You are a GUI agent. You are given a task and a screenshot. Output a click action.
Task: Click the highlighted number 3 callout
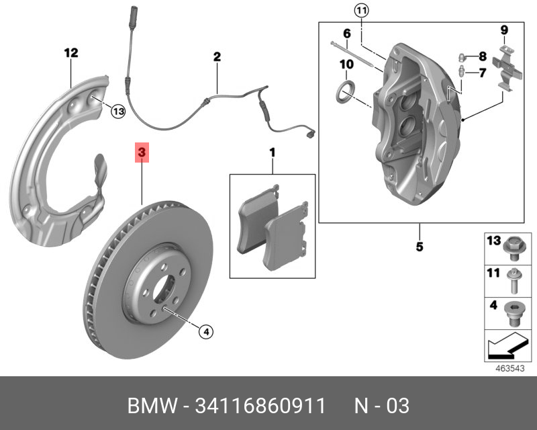(x=142, y=153)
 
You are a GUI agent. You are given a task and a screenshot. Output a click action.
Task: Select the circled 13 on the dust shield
(x=117, y=111)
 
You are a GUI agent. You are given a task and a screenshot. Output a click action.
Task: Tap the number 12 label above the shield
(x=71, y=52)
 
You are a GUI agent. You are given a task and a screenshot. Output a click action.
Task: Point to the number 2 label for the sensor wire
(x=217, y=57)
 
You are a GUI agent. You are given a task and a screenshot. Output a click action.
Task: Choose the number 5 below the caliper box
(x=419, y=247)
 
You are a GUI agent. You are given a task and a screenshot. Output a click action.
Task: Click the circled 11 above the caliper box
(x=361, y=10)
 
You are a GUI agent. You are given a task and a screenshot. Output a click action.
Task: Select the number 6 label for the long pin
(x=347, y=34)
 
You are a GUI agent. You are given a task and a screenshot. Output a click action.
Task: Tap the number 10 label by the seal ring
(x=346, y=64)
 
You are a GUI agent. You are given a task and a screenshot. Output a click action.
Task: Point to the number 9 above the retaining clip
(x=503, y=29)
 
